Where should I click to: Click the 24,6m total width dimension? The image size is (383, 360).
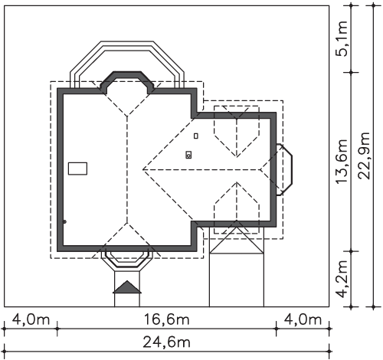coord(166,342)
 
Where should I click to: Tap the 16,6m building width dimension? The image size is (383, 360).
coord(166,319)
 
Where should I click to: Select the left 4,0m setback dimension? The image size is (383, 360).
coord(31,319)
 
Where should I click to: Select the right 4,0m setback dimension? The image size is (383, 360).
coord(303,319)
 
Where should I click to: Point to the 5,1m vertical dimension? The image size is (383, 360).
coord(342,38)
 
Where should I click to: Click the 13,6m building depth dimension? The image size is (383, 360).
coord(342,162)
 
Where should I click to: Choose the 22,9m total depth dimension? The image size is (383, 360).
coord(365,155)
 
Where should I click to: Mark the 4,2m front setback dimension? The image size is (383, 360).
coord(342,279)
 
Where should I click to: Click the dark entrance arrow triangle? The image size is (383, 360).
coord(127,287)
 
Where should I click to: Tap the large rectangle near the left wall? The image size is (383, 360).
coord(77,169)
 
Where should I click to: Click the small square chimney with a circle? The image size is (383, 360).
coord(188,155)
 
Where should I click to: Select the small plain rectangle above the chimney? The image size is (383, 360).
coord(196,136)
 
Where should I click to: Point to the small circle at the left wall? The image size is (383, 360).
coord(64,221)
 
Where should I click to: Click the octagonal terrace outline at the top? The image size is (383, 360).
coord(127,41)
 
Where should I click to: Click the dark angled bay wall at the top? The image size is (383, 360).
coord(127,74)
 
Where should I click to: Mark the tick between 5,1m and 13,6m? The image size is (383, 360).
coord(351,73)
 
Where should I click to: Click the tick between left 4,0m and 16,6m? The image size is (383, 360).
coord(57,329)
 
